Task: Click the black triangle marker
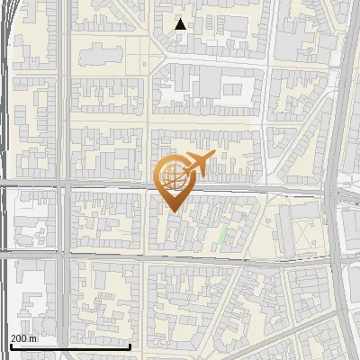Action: (181, 24)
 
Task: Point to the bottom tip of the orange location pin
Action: (173, 211)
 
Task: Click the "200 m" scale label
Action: (23, 338)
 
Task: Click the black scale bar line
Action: (70, 346)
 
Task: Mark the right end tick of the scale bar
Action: (130, 345)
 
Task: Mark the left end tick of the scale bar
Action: (10, 345)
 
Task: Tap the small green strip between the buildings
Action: (223, 236)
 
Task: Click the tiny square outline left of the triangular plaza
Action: (145, 64)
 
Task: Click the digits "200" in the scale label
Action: (19, 338)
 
